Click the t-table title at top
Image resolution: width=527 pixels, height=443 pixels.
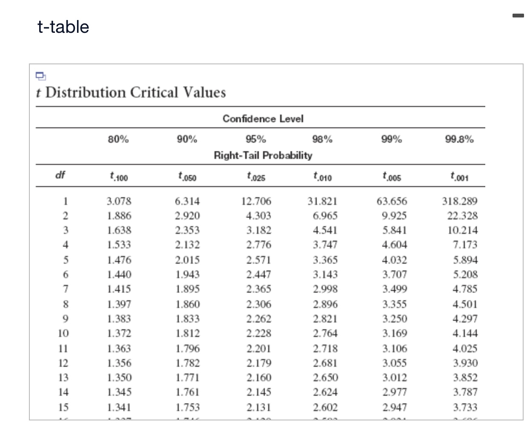(63, 27)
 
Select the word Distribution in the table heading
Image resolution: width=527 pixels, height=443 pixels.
(85, 92)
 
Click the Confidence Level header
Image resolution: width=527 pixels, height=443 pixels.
(263, 118)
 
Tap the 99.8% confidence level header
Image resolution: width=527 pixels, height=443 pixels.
(459, 139)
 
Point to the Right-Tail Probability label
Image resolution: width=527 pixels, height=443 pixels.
(263, 155)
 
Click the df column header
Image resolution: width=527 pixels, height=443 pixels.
(60, 175)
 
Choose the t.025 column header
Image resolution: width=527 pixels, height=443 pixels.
(256, 176)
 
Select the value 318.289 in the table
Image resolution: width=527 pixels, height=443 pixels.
(460, 201)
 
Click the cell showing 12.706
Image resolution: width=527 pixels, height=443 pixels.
(256, 201)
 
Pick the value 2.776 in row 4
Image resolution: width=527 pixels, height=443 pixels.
(258, 245)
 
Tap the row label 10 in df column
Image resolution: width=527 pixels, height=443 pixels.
(63, 333)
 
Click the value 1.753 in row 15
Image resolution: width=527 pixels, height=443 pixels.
(188, 407)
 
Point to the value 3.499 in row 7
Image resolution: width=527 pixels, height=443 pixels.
(394, 289)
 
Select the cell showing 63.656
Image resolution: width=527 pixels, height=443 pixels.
(392, 201)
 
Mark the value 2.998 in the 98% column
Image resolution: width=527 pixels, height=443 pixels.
(325, 289)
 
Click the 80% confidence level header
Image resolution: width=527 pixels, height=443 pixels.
(118, 139)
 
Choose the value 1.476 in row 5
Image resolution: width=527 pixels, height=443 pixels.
(119, 260)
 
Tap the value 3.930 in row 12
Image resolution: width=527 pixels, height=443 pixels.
(465, 363)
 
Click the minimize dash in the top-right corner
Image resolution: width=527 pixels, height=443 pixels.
(518, 16)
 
